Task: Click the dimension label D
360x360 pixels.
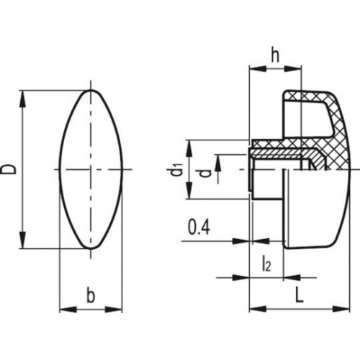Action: tap(9, 169)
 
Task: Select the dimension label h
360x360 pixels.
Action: tap(275, 56)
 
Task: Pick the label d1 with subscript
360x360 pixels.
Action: tap(178, 169)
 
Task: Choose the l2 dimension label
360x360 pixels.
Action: tap(266, 264)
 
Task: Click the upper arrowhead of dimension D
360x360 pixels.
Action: tap(23, 99)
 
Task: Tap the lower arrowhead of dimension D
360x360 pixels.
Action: tap(23, 240)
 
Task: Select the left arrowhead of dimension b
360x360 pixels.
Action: tap(68, 310)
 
